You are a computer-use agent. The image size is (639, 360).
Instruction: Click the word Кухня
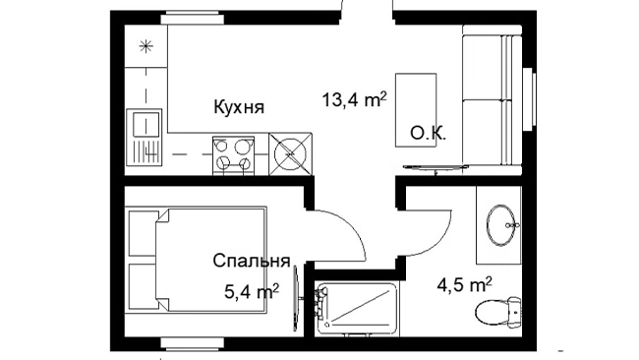pyautogui.click(x=239, y=107)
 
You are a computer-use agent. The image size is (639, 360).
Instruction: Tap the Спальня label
pyautogui.click(x=251, y=261)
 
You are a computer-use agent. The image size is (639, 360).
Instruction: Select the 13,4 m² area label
pyautogui.click(x=354, y=100)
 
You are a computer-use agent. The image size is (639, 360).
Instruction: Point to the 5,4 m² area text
pyautogui.click(x=252, y=292)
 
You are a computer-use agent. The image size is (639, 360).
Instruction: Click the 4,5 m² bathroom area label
pyautogui.click(x=464, y=284)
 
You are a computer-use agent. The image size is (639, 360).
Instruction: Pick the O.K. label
pyautogui.click(x=428, y=134)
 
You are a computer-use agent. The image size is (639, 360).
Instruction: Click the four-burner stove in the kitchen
pyautogui.click(x=233, y=155)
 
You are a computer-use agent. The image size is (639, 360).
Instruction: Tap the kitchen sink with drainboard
pyautogui.click(x=144, y=137)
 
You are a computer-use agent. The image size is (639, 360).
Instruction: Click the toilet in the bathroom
pyautogui.click(x=498, y=312)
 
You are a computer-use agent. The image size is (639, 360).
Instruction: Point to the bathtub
pyautogui.click(x=357, y=309)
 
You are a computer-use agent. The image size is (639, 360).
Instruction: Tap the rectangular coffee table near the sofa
pyautogui.click(x=416, y=110)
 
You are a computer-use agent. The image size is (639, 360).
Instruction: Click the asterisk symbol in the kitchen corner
pyautogui.click(x=145, y=46)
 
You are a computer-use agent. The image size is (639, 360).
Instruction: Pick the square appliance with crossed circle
pyautogui.click(x=291, y=154)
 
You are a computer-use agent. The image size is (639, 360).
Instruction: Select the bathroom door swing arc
pyautogui.click(x=440, y=241)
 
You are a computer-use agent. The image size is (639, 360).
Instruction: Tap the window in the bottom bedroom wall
pyautogui.click(x=192, y=343)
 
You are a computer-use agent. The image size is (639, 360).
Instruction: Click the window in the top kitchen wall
pyautogui.click(x=192, y=19)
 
